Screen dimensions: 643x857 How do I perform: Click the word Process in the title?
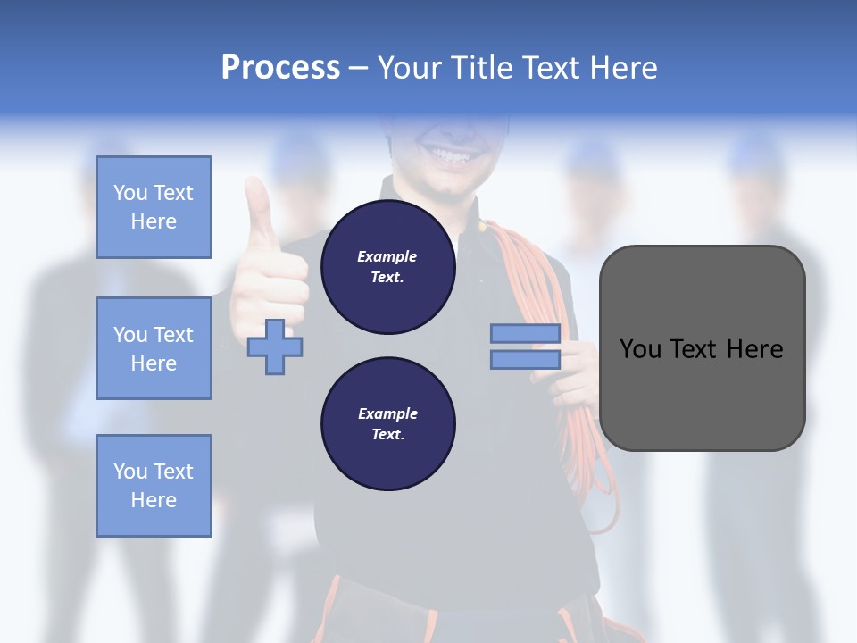coord(280,68)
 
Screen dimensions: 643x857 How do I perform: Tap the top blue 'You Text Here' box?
coord(154,207)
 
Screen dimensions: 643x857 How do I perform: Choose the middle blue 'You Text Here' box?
coord(154,348)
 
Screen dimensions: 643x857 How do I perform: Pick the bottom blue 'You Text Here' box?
coord(154,486)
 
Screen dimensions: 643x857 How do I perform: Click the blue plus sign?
coord(275,347)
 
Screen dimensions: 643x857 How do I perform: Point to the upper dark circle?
coord(387,267)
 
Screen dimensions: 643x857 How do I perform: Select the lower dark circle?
coord(387,424)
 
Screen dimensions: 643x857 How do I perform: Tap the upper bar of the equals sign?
coord(525,334)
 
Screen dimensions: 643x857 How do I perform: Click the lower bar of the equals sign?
coord(525,360)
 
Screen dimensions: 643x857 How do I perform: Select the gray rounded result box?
coord(702,348)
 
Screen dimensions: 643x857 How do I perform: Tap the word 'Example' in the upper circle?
coord(387,256)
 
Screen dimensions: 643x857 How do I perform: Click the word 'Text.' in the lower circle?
coord(387,435)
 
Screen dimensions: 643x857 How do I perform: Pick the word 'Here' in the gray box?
coord(754,349)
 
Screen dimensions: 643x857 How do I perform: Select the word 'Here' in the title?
coord(623,68)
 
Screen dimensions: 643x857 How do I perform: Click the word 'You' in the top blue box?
coord(130,193)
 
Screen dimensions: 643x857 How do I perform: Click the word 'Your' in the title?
coord(411,68)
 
